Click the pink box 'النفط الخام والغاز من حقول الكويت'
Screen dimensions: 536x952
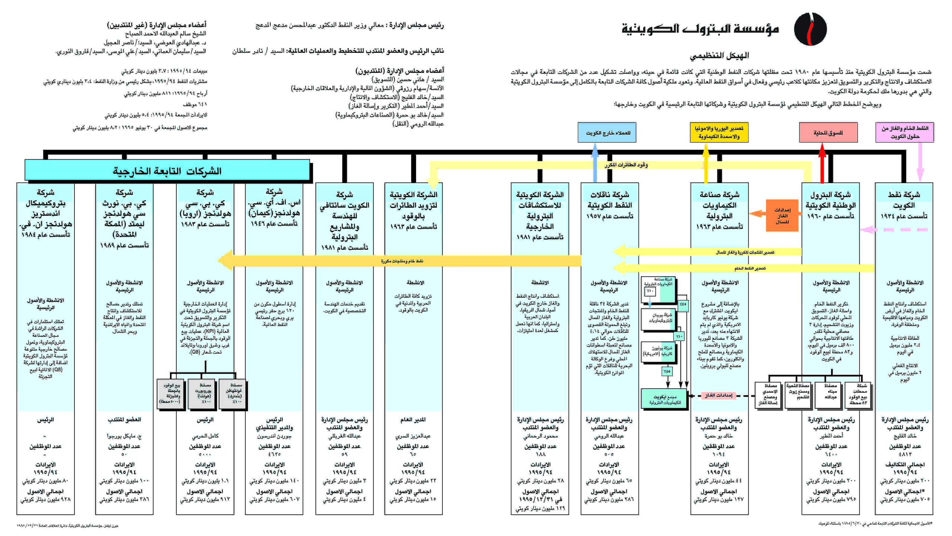point(904,133)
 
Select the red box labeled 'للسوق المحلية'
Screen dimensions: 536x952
point(828,133)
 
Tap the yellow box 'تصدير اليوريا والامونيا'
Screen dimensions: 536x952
point(719,133)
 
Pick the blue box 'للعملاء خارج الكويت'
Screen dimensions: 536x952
point(607,133)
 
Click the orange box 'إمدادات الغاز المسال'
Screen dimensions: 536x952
point(782,216)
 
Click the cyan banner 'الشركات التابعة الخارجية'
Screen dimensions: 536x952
point(167,171)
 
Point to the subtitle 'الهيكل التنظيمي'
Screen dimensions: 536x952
point(719,56)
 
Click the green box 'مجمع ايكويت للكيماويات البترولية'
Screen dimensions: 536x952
point(665,399)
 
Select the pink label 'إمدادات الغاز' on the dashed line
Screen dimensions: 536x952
point(718,395)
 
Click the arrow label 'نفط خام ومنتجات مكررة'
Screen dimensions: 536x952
point(402,261)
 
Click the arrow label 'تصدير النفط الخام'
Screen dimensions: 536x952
point(750,268)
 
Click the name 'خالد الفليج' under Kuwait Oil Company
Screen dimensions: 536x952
point(905,436)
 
